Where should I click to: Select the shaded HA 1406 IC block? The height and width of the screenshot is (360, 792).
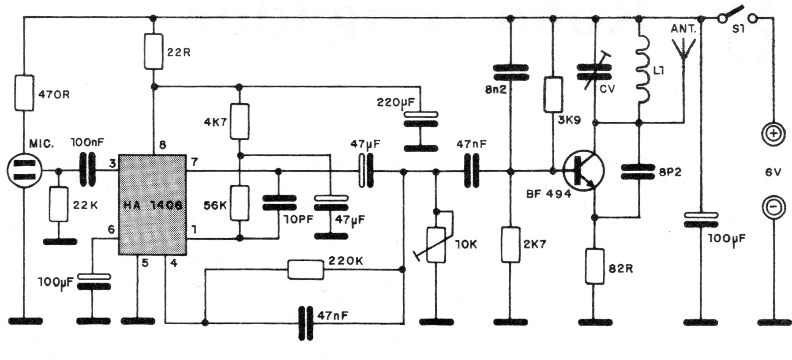pos(152,205)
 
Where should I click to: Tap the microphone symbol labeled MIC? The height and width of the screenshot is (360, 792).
pos(25,170)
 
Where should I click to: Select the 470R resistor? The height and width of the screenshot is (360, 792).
pos(25,93)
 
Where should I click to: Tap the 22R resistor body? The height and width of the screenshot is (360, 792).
pos(153,52)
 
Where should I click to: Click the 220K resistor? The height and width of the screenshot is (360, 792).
pos(305,270)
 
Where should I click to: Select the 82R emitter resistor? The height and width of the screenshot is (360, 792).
pos(594,266)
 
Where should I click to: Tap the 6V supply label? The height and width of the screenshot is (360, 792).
pos(773,172)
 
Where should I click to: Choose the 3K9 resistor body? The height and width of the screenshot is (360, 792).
pos(553,94)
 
